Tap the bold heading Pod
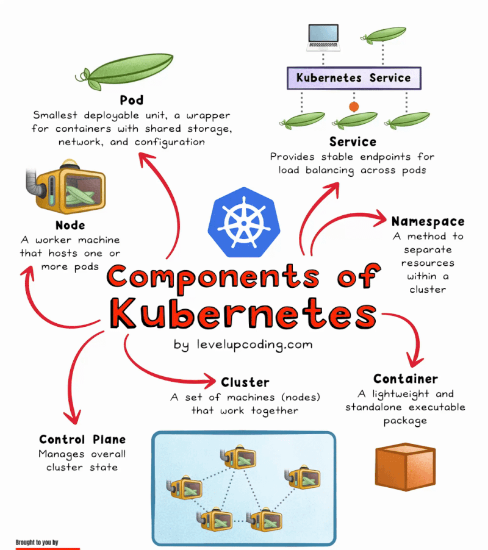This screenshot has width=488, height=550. pos(132,100)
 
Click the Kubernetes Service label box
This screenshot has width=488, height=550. pos(353,78)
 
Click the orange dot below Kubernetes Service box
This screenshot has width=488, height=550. pos(354,106)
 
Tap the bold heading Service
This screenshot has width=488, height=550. pos(353,142)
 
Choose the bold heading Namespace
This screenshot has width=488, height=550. pos(428,221)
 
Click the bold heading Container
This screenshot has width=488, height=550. pos(406,379)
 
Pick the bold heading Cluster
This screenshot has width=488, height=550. pos(245,382)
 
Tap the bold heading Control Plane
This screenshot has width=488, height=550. pos(82,440)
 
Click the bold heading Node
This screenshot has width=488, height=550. pos(70,226)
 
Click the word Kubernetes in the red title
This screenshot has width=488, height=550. pos(243,315)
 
